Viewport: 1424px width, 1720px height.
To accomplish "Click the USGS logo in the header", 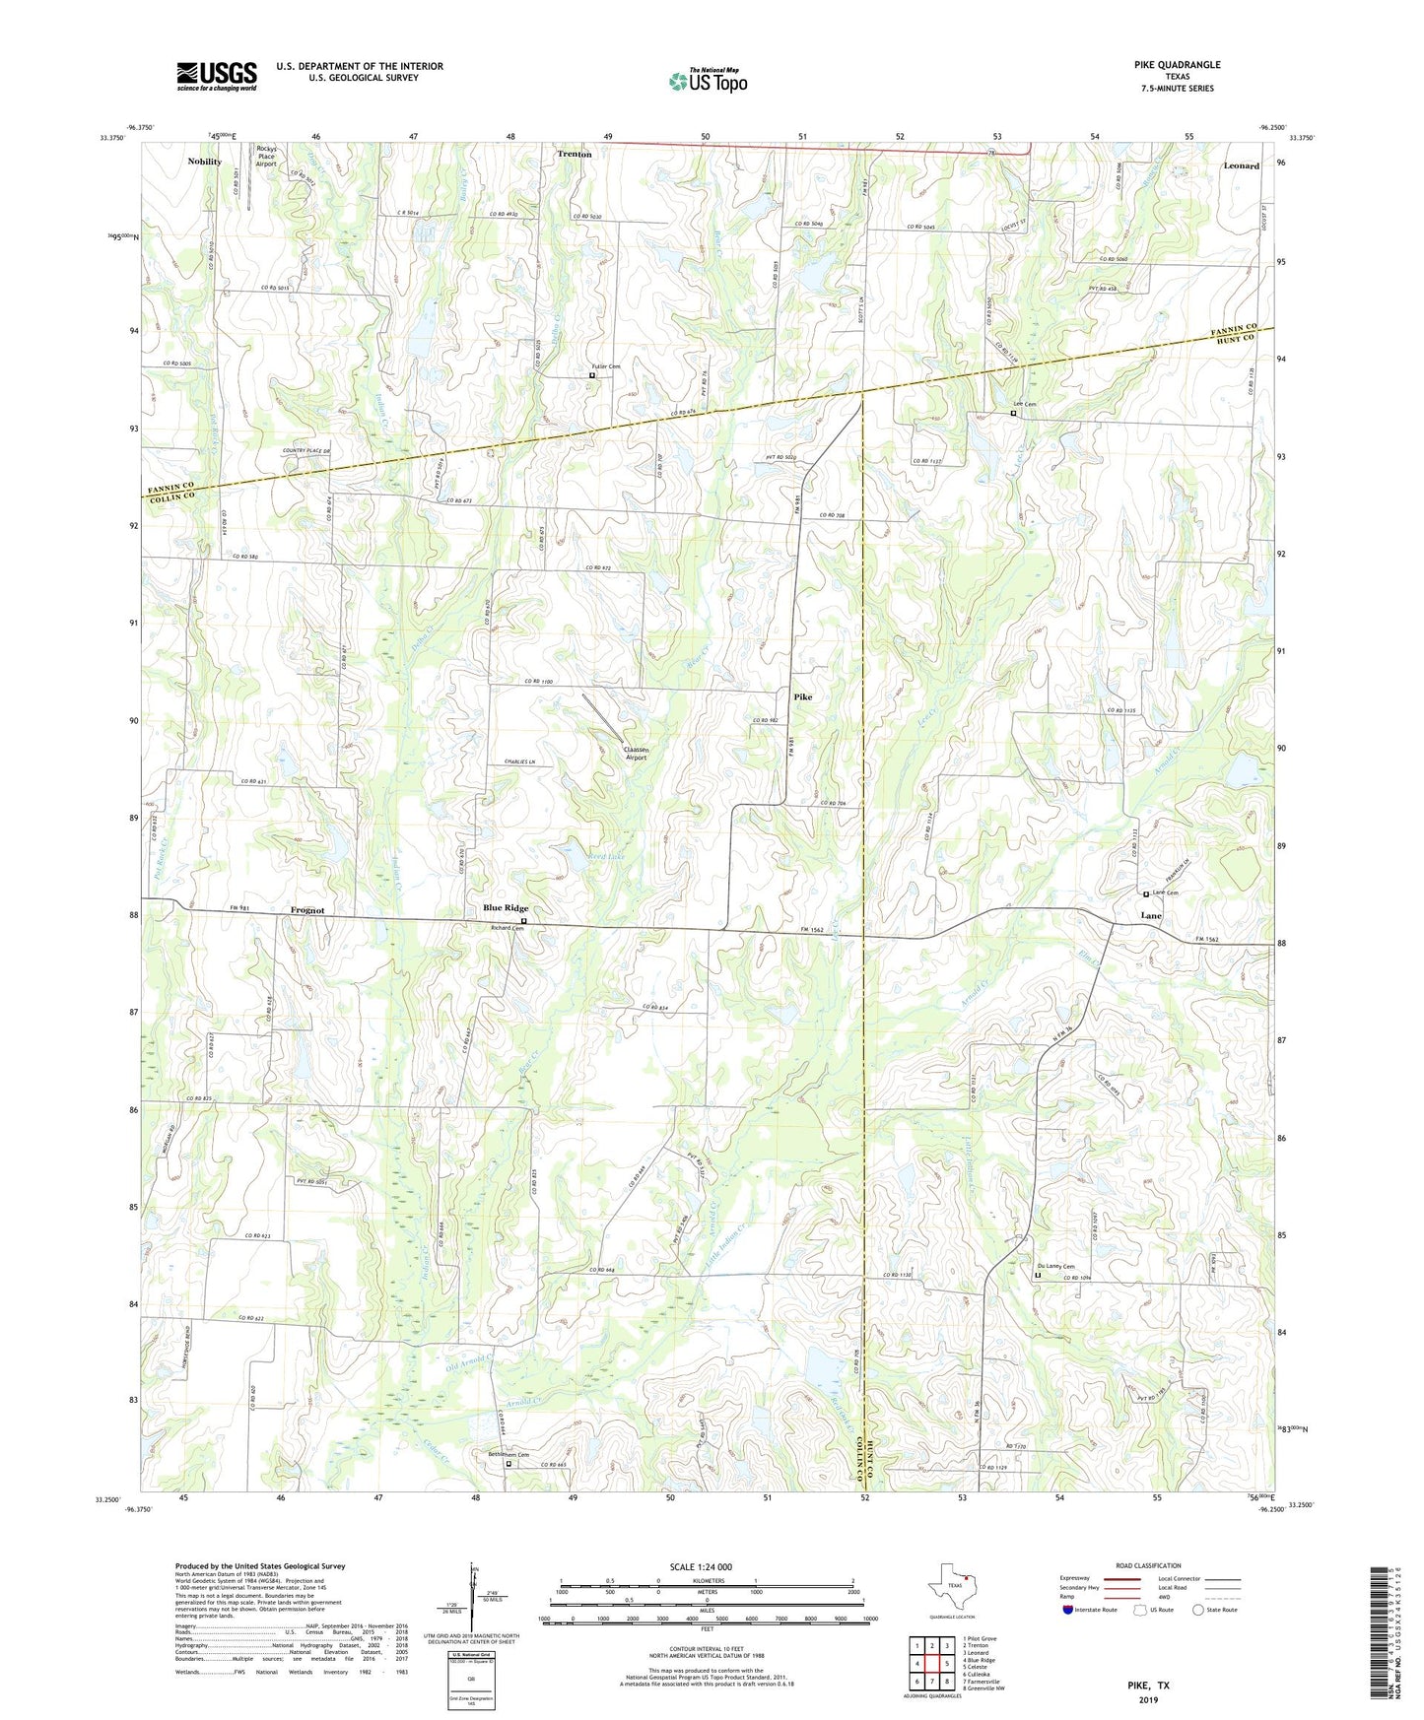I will click(x=217, y=76).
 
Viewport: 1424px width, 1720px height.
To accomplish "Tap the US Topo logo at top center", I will click(x=708, y=81).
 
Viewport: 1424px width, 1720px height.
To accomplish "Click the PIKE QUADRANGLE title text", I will click(x=1177, y=65).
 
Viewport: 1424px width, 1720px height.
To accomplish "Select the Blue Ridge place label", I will click(x=506, y=907).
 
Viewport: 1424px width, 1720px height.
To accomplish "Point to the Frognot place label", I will click(x=307, y=910).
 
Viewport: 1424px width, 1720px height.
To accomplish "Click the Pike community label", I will click(x=803, y=696).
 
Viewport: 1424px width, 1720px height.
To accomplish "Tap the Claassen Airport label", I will click(x=636, y=753).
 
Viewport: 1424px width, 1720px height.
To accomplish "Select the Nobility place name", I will click(x=205, y=161).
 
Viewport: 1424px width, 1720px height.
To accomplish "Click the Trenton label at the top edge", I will click(x=575, y=154).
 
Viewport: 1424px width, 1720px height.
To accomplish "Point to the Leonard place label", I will click(x=1241, y=165).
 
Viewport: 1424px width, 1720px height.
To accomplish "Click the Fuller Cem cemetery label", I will click(x=606, y=366).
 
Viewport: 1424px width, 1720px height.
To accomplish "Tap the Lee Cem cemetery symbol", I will click(x=1013, y=414).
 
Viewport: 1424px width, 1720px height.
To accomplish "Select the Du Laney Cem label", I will click(x=1055, y=1267).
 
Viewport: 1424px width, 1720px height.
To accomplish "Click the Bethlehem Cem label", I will click(x=509, y=1455).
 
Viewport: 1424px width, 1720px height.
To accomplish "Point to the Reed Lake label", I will click(x=605, y=857).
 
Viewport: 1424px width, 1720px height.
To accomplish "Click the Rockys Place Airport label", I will click(x=266, y=157).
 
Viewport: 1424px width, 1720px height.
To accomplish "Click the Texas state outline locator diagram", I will click(x=951, y=1588).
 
